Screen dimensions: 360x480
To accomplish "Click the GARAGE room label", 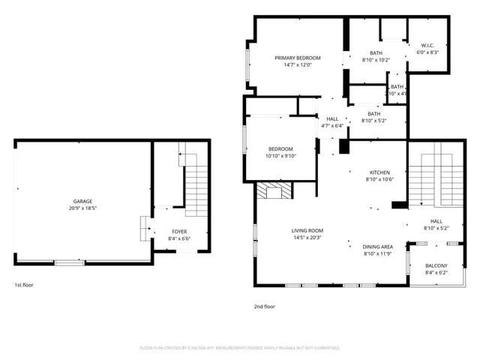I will (82, 201).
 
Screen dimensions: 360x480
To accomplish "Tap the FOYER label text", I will (178, 232).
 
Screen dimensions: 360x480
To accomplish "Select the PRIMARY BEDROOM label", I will (297, 58).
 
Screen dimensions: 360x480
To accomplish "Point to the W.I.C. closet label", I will (427, 45).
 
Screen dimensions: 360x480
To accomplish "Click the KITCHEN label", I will (379, 172).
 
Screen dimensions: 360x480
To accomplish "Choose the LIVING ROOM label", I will (307, 230).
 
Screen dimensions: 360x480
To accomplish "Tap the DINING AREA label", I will (378, 247).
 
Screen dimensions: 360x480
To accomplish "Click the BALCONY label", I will (436, 265).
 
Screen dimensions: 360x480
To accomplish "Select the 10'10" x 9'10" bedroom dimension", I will (281, 156).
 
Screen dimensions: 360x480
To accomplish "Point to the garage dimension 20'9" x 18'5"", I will (82, 208).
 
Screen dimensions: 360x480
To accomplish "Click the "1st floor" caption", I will (24, 285).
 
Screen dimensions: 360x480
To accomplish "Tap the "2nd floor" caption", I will (264, 306).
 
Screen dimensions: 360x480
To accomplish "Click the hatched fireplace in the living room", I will (271, 192).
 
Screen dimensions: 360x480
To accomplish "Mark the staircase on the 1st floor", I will (196, 180).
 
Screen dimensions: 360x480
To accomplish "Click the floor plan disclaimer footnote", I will (240, 348).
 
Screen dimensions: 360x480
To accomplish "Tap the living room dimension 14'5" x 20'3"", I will (307, 238).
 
